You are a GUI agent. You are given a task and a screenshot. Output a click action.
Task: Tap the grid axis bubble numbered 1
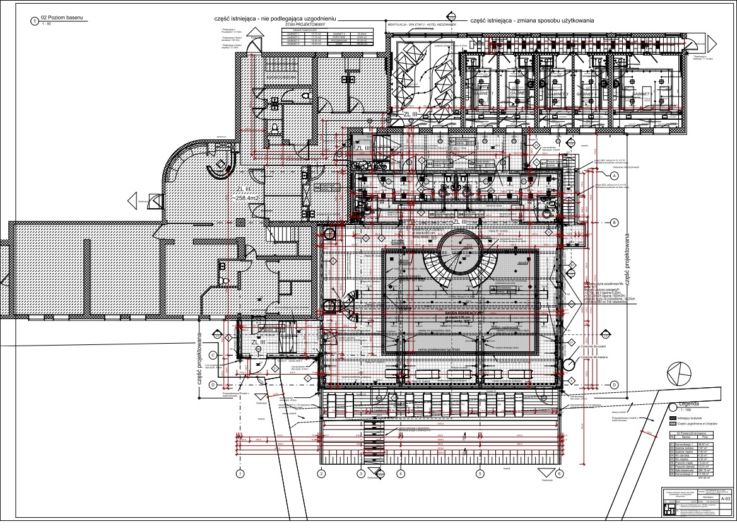coord(240,473)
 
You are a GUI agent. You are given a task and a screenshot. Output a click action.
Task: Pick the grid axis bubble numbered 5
coord(480,473)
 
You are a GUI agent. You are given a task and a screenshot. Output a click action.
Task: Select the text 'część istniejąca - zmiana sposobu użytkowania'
coord(531,21)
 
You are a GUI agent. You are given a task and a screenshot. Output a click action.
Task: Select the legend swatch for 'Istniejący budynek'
coord(673,418)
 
